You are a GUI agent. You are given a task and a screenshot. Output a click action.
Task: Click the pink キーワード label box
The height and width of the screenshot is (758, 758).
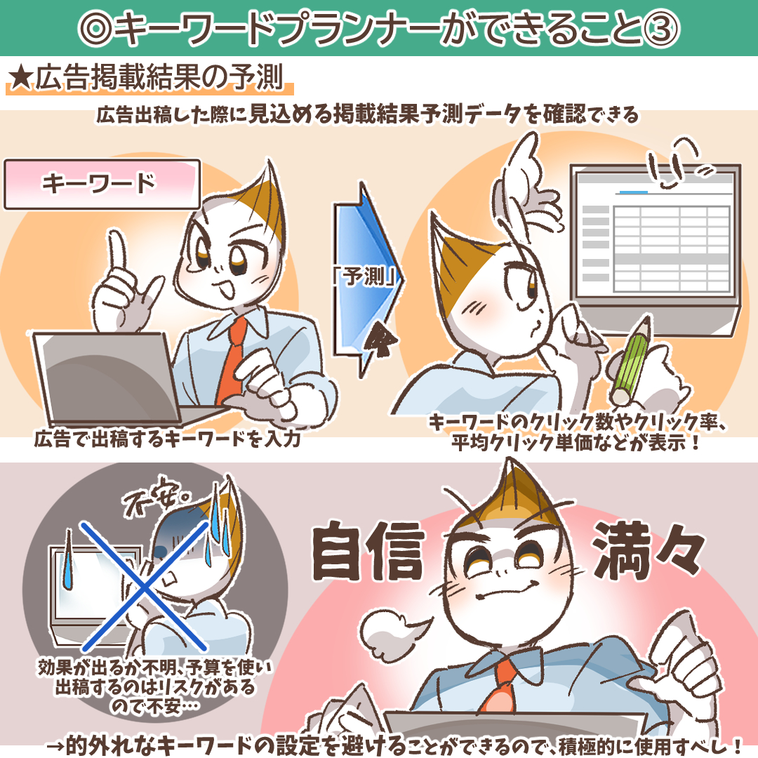102,184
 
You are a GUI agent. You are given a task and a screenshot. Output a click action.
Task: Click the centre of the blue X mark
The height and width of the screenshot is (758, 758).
144,587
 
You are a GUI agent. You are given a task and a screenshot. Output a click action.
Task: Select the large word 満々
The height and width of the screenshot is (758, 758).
649,550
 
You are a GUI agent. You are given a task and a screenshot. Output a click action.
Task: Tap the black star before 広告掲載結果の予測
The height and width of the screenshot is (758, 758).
20,77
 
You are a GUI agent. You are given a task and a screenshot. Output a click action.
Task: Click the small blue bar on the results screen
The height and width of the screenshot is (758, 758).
633,192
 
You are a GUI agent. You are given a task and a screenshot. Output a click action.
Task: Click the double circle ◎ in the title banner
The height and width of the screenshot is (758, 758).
95,29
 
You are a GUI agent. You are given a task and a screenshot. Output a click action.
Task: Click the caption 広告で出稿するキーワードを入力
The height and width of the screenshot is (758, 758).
167,439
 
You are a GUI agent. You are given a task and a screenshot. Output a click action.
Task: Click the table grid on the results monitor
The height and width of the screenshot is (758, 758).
672,249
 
